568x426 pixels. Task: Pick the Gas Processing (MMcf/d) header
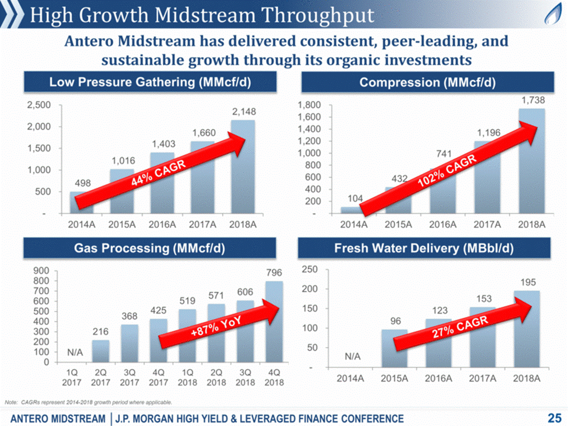coord(149,248)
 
